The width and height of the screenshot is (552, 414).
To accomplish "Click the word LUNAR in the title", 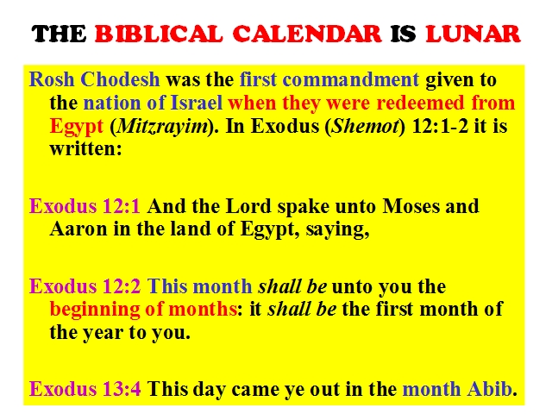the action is click(473, 34).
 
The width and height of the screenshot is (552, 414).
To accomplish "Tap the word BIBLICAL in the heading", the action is click(159, 34).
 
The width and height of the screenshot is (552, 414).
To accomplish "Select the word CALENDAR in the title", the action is click(307, 34).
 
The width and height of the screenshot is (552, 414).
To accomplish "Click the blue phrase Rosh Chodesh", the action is click(94, 79).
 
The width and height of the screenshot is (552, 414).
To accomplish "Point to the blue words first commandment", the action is click(329, 79).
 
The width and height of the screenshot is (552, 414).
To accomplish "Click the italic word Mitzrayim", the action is click(162, 126).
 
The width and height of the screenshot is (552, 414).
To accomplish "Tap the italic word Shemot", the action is click(365, 126).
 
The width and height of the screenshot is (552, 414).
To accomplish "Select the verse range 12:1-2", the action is click(440, 126).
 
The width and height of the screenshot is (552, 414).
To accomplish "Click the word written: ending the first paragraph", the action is click(85, 148).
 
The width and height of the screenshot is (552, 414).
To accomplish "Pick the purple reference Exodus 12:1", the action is click(85, 206).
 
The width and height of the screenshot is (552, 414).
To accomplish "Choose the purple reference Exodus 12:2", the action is click(85, 285).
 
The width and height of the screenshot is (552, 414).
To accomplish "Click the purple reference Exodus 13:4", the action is click(85, 389).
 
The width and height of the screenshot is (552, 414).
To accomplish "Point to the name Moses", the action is click(411, 206).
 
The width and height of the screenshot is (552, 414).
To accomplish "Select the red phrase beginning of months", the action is click(143, 310).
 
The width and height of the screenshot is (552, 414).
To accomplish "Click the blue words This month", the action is click(199, 285).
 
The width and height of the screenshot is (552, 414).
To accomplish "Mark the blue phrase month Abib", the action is click(457, 389).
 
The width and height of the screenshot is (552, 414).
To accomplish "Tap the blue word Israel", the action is click(197, 103).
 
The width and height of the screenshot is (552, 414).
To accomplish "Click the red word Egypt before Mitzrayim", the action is click(77, 127).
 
